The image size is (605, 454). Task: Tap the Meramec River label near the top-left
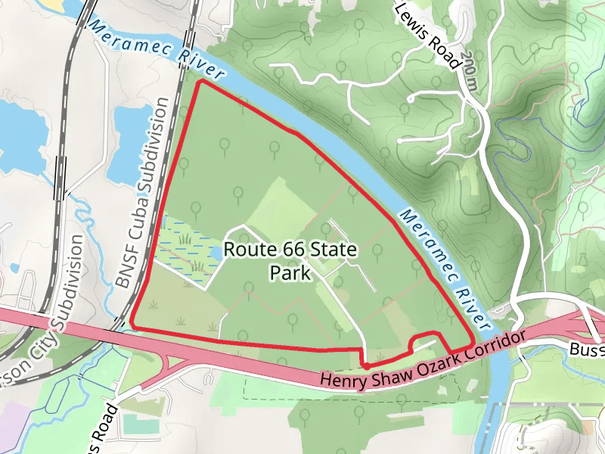(x=157, y=51)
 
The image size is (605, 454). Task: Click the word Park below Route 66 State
(x=290, y=272)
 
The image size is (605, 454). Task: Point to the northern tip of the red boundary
(x=199, y=82)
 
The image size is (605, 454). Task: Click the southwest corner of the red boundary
(x=132, y=325)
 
